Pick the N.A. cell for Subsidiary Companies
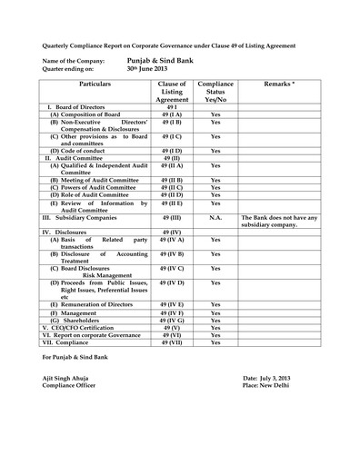click(215, 219)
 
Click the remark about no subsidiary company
click(278, 223)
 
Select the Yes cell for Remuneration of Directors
click(215, 304)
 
